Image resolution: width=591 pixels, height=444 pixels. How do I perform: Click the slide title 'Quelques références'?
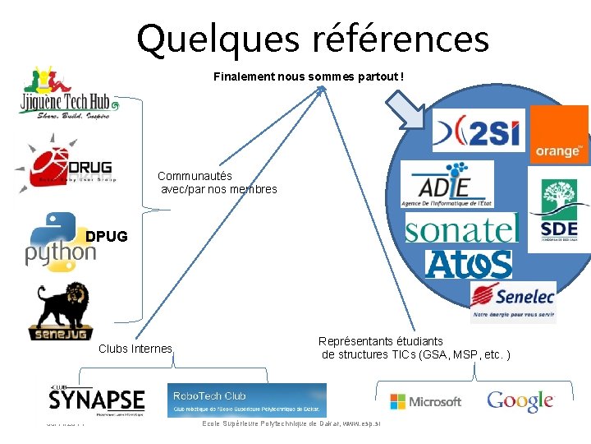point(313,39)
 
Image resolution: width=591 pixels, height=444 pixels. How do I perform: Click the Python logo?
point(59,240)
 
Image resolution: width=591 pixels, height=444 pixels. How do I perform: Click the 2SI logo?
point(479,130)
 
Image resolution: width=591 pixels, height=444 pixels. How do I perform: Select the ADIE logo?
point(447,183)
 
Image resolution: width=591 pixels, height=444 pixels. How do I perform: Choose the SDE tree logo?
point(559,212)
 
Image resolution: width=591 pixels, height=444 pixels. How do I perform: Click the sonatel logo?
point(462,229)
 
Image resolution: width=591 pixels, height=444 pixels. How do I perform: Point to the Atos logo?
point(469,263)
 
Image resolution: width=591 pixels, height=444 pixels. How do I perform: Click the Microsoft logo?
point(425,401)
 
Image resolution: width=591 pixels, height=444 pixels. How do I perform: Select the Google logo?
point(520,401)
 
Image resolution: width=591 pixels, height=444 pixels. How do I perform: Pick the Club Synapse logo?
point(96,401)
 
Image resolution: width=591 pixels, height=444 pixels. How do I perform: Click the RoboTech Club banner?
point(246,400)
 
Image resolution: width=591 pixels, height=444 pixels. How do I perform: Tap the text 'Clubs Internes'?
point(135,349)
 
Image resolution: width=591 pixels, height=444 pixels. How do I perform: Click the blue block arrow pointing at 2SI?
point(408,111)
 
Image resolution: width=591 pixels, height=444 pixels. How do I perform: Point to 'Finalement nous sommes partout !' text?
point(309,76)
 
